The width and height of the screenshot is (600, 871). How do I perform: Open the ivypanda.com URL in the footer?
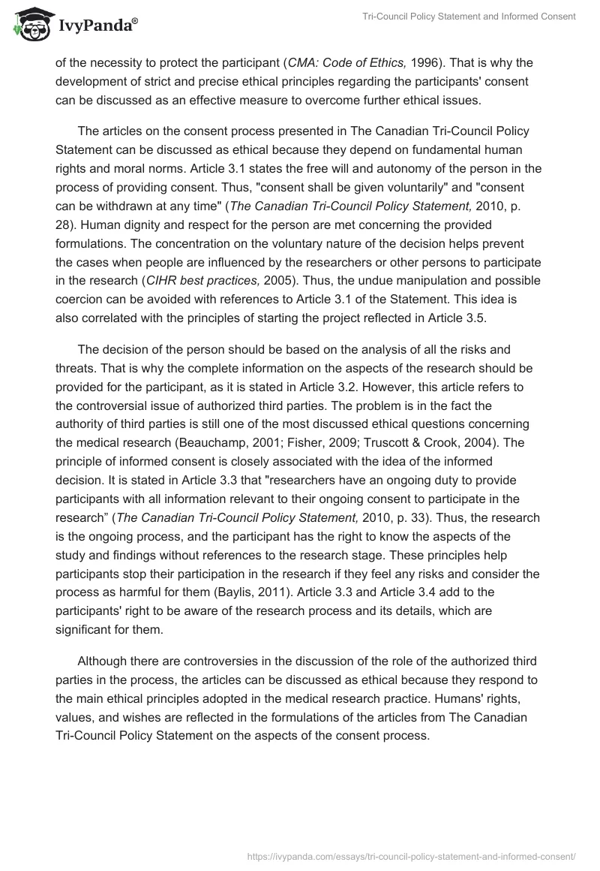(411, 855)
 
